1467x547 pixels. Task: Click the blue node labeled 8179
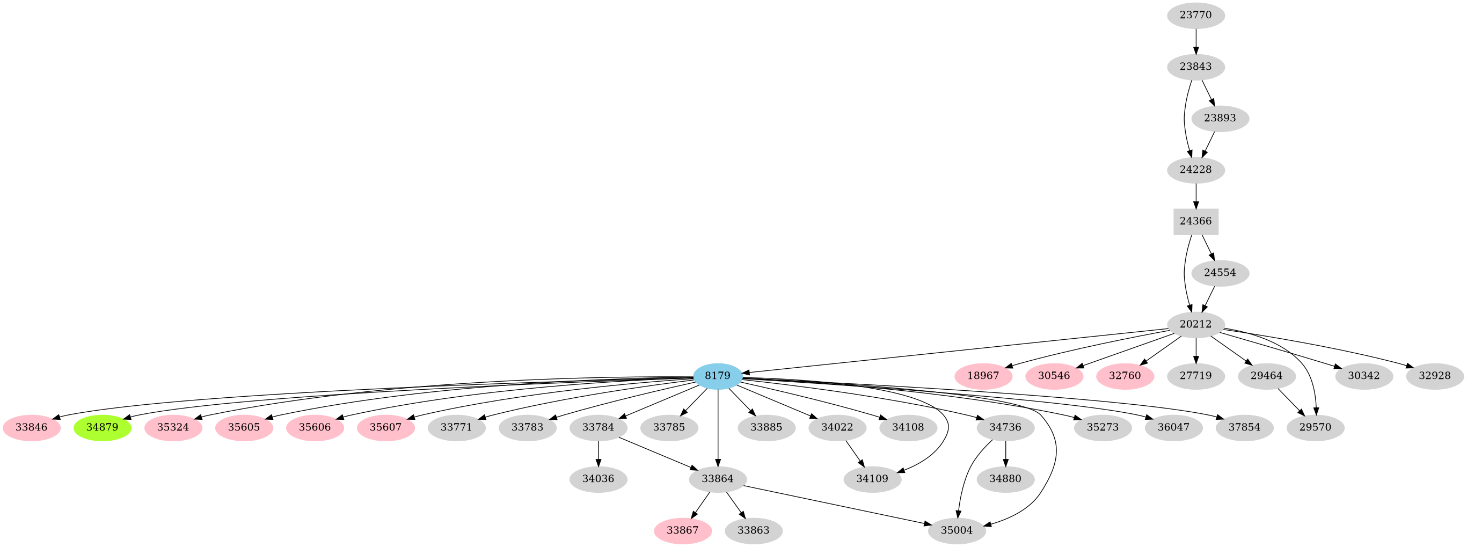tap(718, 376)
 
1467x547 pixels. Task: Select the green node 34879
tap(103, 427)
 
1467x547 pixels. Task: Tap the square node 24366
tap(1196, 221)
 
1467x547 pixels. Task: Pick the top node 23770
tap(1196, 15)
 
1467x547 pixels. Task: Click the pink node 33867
tap(682, 530)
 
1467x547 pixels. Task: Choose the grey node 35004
tap(957, 530)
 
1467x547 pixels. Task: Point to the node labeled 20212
tap(1196, 324)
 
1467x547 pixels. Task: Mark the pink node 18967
tap(983, 376)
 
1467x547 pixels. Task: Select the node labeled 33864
tap(718, 479)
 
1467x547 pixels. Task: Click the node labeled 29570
tap(1316, 427)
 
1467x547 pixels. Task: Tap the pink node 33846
tap(31, 427)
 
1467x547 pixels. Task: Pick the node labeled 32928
tap(1435, 376)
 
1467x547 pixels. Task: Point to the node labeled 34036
tap(598, 479)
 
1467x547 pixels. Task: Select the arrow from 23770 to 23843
tap(1196, 40)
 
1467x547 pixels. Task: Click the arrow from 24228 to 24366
tap(1196, 195)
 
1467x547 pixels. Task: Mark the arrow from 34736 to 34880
tap(1006, 453)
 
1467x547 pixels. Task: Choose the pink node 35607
tap(385, 427)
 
